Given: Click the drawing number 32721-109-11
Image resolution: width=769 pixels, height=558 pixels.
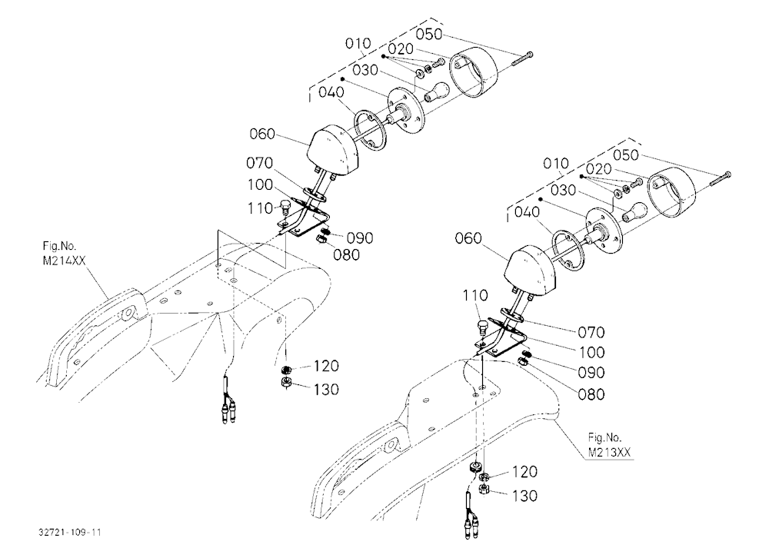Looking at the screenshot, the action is [x=70, y=532].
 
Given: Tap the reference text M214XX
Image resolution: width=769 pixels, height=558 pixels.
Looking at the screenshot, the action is [x=64, y=261].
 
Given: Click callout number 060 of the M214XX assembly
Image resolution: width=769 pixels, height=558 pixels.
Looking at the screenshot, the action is [x=262, y=134].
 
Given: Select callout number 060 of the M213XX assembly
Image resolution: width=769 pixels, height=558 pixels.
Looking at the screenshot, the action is [x=468, y=238].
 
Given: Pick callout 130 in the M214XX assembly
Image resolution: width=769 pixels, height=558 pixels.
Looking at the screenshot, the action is [x=326, y=390].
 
